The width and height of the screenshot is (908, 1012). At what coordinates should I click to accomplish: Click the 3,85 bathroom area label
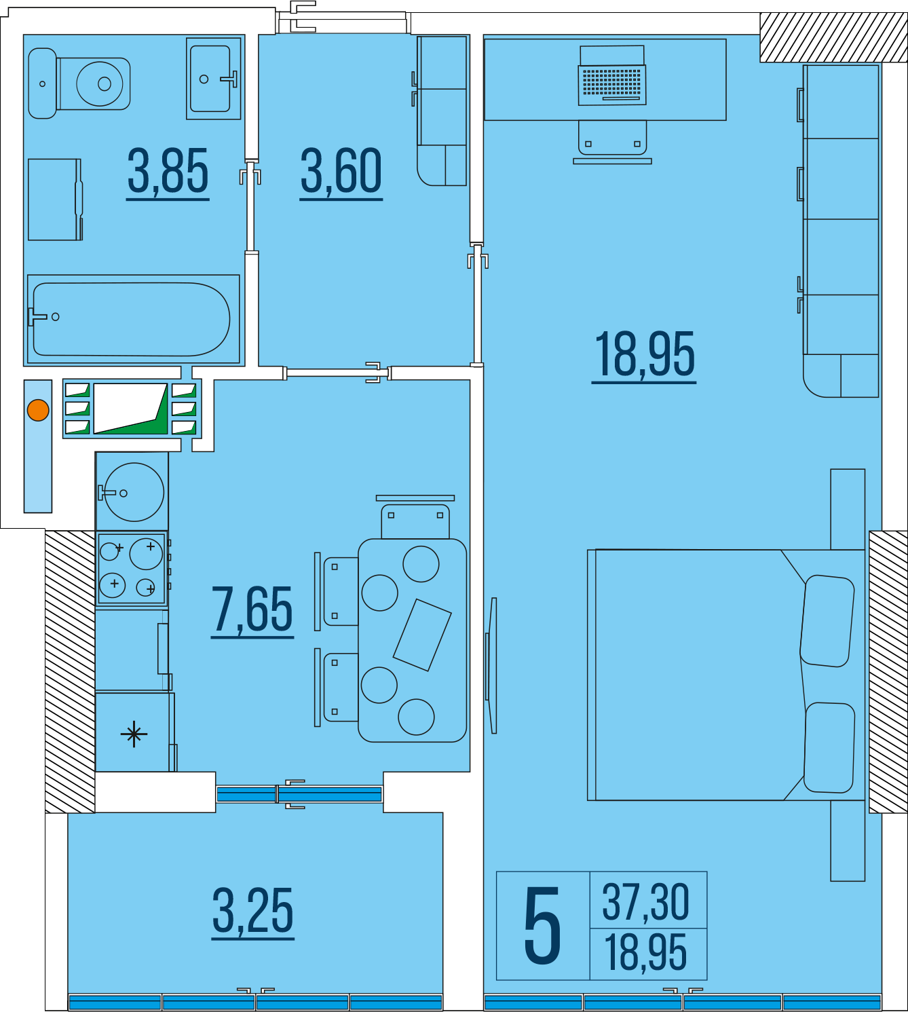[168, 171]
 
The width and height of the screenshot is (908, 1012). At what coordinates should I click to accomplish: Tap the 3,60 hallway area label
[341, 171]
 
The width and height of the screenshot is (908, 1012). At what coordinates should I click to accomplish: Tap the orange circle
[38, 410]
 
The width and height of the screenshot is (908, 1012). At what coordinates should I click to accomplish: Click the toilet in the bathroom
[79, 83]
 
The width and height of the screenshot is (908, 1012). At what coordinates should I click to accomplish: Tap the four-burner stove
[132, 568]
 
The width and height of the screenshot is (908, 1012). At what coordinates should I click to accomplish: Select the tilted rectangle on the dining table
[422, 635]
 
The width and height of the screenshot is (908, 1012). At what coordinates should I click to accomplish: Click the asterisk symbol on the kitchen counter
[134, 734]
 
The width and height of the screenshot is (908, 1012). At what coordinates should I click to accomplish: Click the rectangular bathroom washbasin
[213, 79]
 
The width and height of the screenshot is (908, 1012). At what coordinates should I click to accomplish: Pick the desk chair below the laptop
[612, 141]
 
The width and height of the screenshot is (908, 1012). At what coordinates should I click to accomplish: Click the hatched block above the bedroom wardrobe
[833, 37]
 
